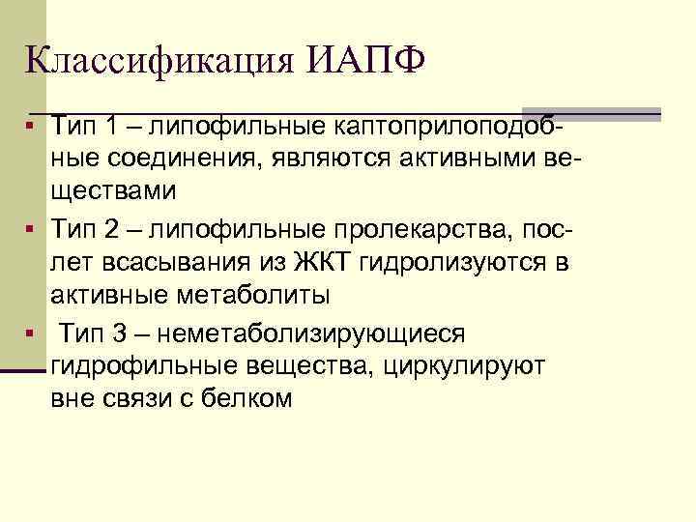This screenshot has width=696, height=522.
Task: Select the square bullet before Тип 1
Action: pyautogui.click(x=32, y=127)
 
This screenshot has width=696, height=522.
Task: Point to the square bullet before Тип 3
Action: pyautogui.click(x=32, y=334)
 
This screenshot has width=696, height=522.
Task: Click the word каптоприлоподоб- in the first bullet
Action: pyautogui.click(x=453, y=127)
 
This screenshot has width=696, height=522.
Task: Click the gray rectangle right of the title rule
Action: pyautogui.click(x=591, y=113)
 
